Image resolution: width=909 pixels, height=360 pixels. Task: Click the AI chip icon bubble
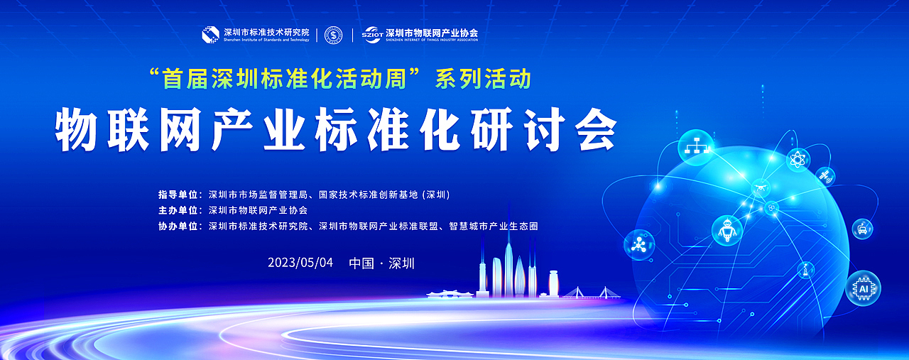click(864, 288)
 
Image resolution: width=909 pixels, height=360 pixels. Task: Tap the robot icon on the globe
click(726, 229)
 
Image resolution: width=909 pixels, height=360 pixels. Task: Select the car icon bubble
click(862, 228)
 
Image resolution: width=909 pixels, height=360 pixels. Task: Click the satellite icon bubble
click(825, 175)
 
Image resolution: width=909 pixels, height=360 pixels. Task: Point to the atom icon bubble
click(798, 159)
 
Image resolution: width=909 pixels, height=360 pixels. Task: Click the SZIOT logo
click(372, 34)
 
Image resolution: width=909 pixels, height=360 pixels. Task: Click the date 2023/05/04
click(300, 263)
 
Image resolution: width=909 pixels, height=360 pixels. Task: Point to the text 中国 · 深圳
click(382, 263)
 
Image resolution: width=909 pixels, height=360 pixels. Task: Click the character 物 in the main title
click(78, 129)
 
